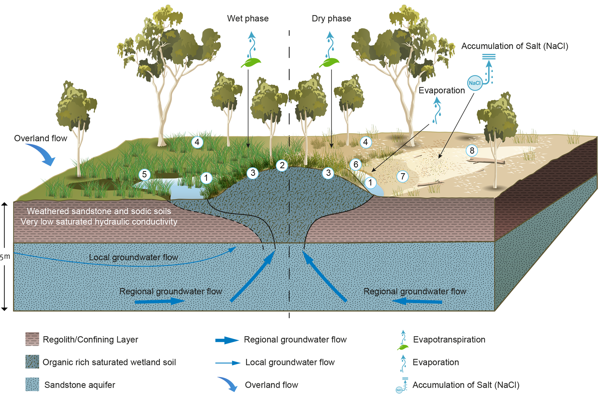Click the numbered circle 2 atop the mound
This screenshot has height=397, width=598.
[282, 165]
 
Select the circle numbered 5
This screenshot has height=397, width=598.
[145, 175]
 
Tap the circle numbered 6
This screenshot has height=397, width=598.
[356, 164]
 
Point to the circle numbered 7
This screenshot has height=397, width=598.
[403, 176]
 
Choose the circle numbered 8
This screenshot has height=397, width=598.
[472, 151]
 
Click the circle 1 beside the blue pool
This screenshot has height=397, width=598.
[206, 178]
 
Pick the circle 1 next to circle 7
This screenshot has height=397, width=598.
[370, 183]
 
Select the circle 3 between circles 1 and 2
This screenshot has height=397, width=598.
[253, 173]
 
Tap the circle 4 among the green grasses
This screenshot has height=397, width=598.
[197, 142]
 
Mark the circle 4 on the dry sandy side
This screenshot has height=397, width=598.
[365, 142]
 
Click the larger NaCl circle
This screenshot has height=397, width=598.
[474, 83]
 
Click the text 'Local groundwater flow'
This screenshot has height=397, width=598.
[133, 257]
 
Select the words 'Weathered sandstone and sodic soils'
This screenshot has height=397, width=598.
[99, 211]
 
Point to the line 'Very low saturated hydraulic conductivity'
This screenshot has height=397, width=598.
[99, 222]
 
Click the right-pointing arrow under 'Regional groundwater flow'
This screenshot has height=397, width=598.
[159, 301]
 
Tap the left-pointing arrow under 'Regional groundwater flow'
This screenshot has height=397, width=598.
[417, 301]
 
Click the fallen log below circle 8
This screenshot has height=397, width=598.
[487, 162]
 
